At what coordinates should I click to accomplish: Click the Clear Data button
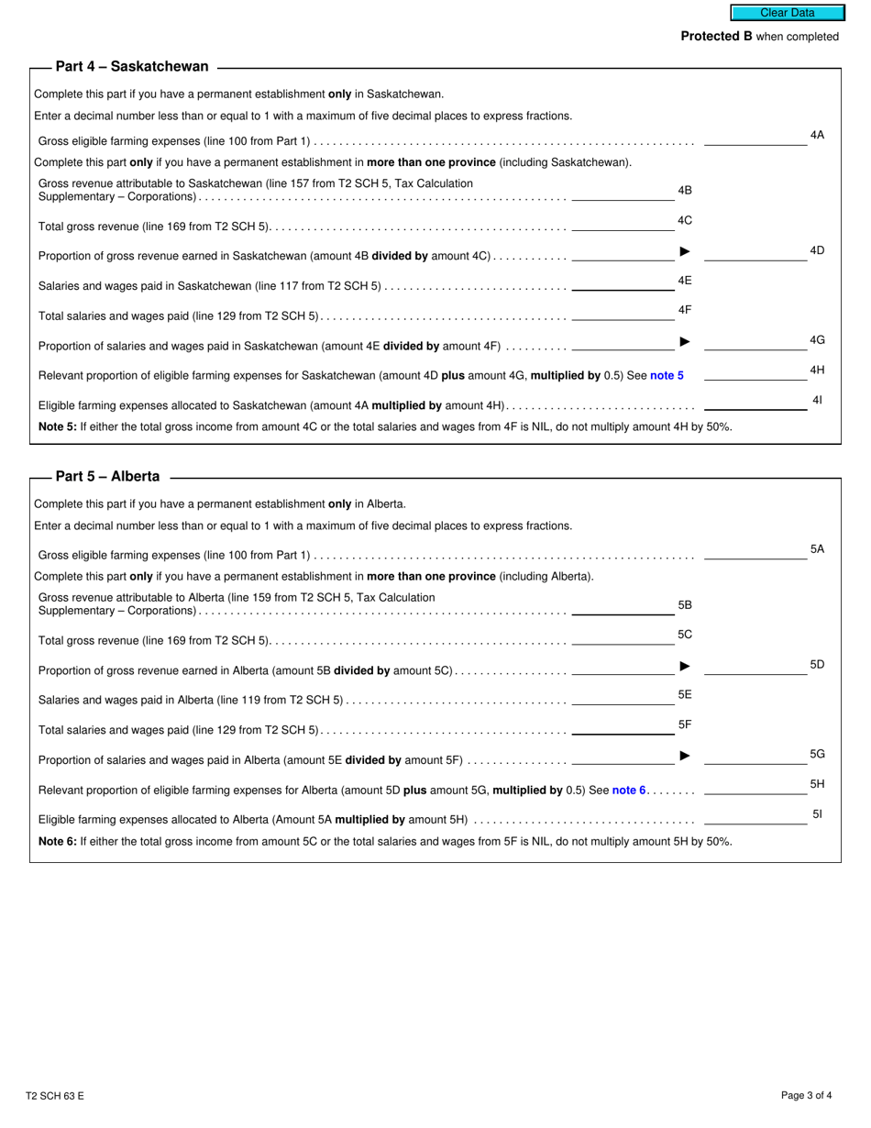(x=787, y=13)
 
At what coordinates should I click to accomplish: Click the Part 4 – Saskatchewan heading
(x=132, y=67)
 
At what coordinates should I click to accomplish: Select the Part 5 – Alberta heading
(x=107, y=477)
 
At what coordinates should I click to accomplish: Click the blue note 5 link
(x=667, y=375)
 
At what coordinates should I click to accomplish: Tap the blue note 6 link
(x=629, y=790)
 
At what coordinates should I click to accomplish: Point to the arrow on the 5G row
(x=685, y=756)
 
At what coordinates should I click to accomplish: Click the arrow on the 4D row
(x=685, y=251)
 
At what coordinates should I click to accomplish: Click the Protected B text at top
(x=759, y=37)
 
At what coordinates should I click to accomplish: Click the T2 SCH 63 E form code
(x=55, y=1096)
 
